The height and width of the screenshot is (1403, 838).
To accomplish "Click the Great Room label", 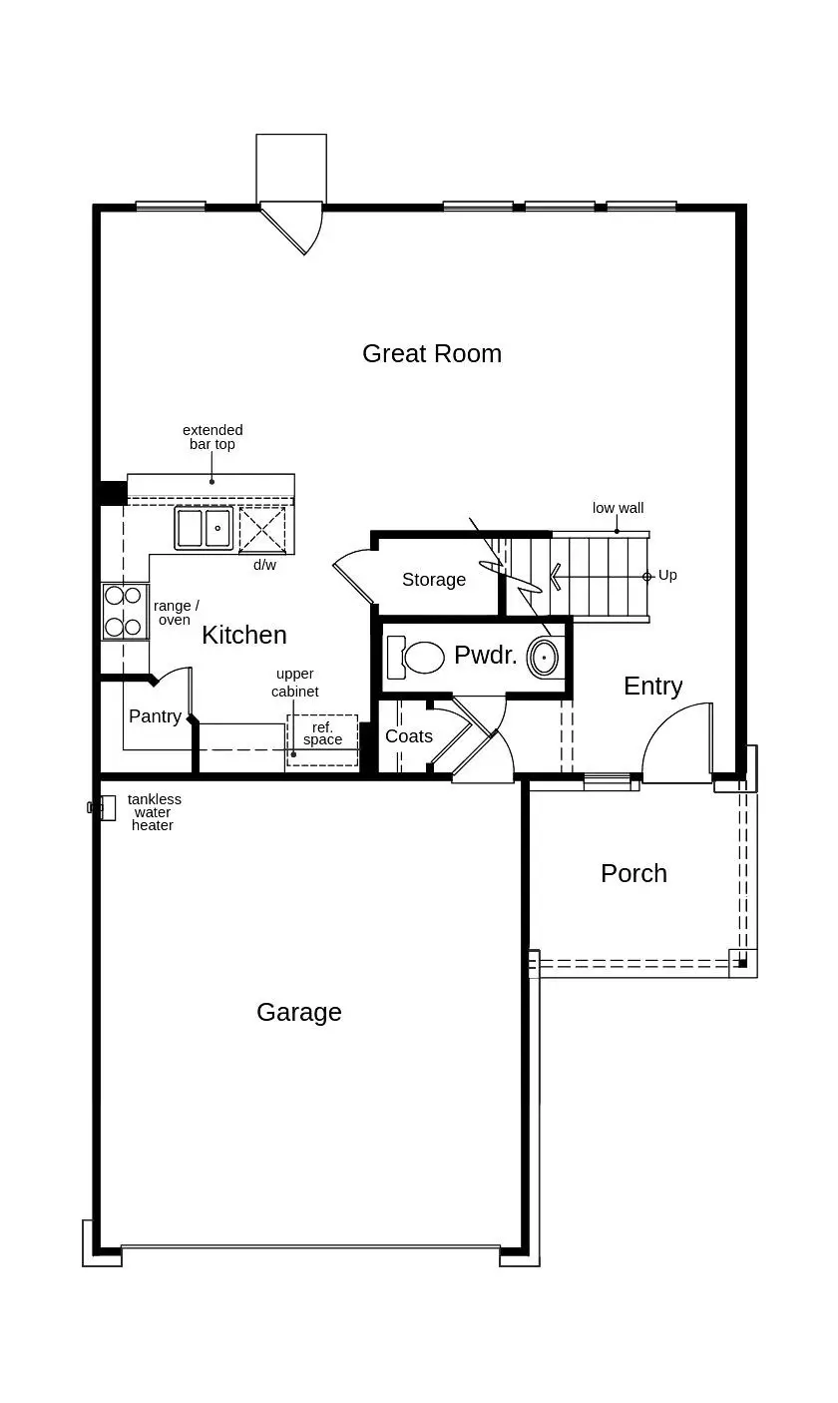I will click(431, 353).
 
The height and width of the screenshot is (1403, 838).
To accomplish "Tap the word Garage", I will click(298, 1012).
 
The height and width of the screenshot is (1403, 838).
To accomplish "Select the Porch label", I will click(633, 873).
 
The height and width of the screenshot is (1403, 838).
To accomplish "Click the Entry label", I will click(652, 686).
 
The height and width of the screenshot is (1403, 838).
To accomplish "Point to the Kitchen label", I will click(243, 635).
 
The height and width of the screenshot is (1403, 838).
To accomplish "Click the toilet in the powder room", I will click(417, 658).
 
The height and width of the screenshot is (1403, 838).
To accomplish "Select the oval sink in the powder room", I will click(544, 658).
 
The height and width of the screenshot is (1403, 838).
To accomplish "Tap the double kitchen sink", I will click(204, 528).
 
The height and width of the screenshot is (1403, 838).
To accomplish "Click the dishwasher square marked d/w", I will click(262, 529).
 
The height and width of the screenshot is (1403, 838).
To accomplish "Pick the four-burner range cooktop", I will click(124, 612).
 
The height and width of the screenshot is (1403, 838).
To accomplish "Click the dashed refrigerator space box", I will click(322, 740).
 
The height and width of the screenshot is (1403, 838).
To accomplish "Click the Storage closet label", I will click(433, 580).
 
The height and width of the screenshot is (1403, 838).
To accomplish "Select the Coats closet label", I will click(409, 736).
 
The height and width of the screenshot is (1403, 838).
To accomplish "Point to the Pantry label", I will click(155, 716).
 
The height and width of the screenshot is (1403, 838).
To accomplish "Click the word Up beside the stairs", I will click(667, 575).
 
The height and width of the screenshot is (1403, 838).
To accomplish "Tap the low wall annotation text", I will click(618, 508).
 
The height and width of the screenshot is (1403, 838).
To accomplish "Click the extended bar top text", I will click(212, 437).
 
